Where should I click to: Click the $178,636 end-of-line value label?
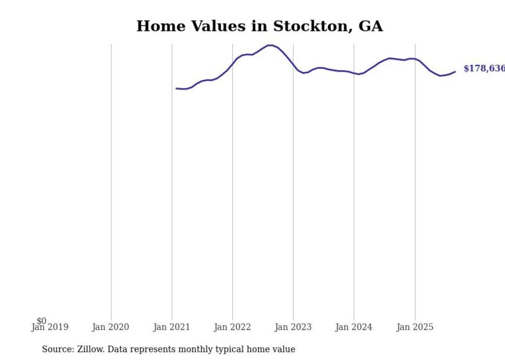point(483,68)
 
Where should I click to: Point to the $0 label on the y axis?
point(41,321)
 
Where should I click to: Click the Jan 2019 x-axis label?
point(49,327)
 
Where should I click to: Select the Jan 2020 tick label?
point(110,327)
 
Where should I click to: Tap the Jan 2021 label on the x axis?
point(172,327)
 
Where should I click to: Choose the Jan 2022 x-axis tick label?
point(232,327)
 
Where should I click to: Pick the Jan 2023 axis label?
point(293,327)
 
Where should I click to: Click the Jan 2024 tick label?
point(354,327)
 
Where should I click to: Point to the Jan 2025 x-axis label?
point(415,327)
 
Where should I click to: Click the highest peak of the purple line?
point(270,45)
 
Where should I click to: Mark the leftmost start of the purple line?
point(176,89)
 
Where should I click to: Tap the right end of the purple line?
point(455,72)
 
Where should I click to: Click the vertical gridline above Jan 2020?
point(111,180)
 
